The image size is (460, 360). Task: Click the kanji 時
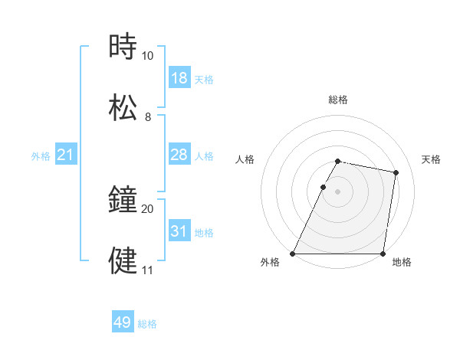pos(123,47)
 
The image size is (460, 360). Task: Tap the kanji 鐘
pos(123,201)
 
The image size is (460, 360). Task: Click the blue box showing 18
pos(179,78)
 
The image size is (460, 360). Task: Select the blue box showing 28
pos(179,155)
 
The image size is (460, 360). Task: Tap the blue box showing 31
pos(179,231)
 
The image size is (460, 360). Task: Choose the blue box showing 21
pos(65,155)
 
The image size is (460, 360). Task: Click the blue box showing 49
pos(123,322)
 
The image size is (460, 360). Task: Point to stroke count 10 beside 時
pos(147,56)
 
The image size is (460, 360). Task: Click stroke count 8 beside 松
pos(147,117)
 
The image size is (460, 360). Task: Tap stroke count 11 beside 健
pos(147,270)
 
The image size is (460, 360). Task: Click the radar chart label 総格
pos(338,100)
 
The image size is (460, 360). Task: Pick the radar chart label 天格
pos(431,159)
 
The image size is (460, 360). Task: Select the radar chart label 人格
pos(245,159)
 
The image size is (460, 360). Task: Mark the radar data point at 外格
pos(293,254)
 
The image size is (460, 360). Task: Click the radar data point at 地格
pos(383,254)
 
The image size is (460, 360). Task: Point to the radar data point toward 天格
pos(396,173)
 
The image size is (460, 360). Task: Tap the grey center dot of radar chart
pos(338,191)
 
